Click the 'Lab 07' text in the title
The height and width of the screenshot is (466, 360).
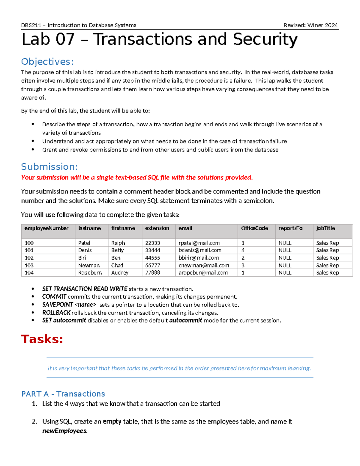[48, 40]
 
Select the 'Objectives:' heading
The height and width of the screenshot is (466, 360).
[47, 62]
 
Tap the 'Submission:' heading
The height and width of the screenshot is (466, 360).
[49, 167]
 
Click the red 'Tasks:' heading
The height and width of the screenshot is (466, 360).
[42, 339]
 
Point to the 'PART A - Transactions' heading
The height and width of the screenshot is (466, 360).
[63, 394]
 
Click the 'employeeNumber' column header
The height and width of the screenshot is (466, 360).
[46, 228]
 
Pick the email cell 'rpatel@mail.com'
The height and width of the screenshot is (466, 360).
[199, 243]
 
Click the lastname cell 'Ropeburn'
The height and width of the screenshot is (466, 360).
[90, 272]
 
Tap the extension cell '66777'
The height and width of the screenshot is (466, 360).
[152, 265]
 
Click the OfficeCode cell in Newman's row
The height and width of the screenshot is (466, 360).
[243, 265]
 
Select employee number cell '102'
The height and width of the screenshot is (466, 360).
[29, 258]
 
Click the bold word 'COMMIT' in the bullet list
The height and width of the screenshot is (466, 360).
[54, 296]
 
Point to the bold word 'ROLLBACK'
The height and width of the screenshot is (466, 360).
[56, 312]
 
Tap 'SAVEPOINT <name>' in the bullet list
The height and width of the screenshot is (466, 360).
[69, 305]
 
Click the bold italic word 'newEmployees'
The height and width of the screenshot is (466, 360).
[64, 431]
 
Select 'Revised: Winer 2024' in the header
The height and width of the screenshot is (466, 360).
[310, 25]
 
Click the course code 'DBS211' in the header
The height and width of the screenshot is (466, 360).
[31, 25]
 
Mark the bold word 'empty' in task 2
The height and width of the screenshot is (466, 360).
[112, 422]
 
